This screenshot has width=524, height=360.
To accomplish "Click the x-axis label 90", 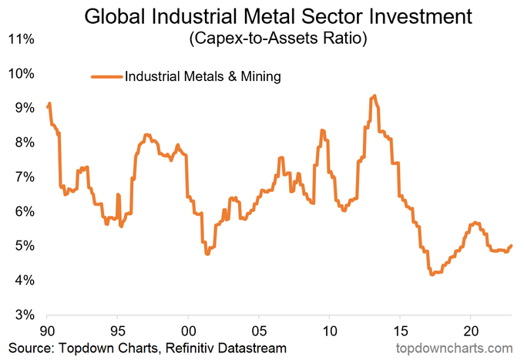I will (47, 329).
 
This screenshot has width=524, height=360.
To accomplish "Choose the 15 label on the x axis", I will (400, 329).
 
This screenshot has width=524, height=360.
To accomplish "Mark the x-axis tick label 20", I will (470, 329).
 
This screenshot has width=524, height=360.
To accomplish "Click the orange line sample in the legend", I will (106, 76).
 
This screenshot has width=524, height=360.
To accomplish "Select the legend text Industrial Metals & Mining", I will (202, 76).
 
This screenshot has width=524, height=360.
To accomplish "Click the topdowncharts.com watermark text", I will (453, 348).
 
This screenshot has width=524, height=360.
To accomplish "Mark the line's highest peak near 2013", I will (375, 96).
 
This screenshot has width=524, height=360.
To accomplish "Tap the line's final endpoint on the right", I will (512, 245).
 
